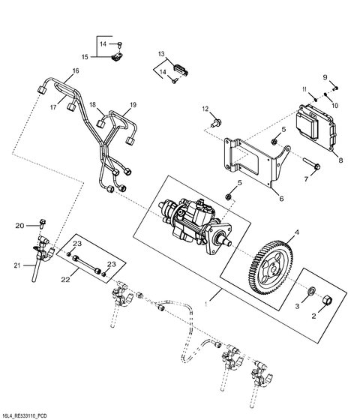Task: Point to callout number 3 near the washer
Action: point(295,307)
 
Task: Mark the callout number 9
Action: point(325,77)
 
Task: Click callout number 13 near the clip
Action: point(161,54)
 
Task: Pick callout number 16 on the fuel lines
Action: point(75,72)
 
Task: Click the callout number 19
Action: point(133,104)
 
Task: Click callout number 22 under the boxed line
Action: point(66,279)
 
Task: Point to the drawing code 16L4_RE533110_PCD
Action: point(30,413)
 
